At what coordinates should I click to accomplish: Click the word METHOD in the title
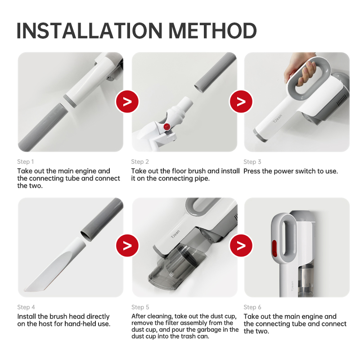tap(212, 31)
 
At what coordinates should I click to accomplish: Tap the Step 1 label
tap(26, 162)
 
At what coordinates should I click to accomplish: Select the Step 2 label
tap(140, 162)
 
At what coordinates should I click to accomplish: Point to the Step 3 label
tap(252, 162)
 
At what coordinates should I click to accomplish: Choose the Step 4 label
tap(26, 307)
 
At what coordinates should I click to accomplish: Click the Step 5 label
tap(140, 307)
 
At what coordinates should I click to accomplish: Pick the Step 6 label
tap(252, 307)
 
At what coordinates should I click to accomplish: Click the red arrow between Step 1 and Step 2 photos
tap(127, 102)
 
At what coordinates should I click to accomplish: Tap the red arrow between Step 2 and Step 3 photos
tap(241, 102)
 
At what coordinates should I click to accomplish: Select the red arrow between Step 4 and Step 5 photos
tap(127, 245)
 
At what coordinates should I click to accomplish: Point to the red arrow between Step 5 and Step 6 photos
tap(241, 245)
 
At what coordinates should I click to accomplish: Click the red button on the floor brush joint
tap(166, 127)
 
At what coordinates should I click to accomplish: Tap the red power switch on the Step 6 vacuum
tap(274, 248)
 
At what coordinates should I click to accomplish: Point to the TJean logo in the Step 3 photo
tap(277, 118)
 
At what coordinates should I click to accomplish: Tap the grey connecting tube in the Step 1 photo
tap(42, 127)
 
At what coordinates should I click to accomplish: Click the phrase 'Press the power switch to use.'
tap(291, 171)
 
